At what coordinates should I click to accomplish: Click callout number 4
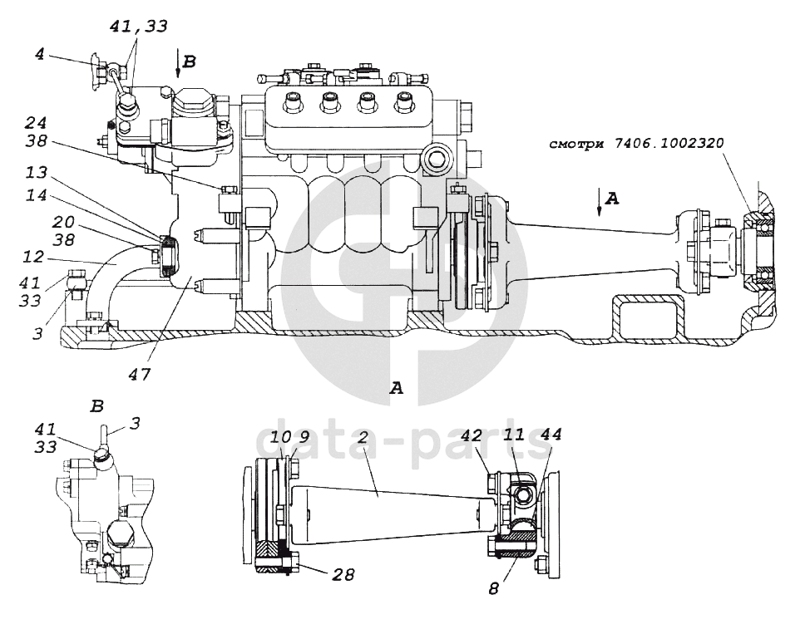[40, 54]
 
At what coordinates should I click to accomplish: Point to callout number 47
[140, 374]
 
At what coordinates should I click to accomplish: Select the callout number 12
[33, 257]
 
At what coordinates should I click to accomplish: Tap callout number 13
[36, 173]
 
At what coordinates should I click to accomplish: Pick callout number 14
[36, 195]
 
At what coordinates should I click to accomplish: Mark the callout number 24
[36, 123]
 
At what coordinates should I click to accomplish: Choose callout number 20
[63, 223]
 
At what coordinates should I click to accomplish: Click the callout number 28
[343, 573]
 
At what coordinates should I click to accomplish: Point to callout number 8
[494, 588]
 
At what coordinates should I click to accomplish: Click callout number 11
[514, 435]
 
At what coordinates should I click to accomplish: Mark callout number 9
[304, 437]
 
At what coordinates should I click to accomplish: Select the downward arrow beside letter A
[599, 201]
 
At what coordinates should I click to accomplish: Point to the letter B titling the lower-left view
[96, 406]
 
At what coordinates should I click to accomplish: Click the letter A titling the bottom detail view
[396, 388]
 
